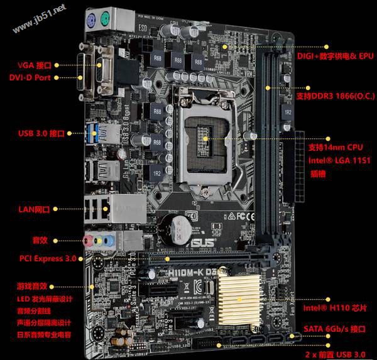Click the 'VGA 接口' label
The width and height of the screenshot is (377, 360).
coord(35,65)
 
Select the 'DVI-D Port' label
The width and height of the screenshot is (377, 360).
coord(34,77)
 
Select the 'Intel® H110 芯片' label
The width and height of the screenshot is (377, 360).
coord(333,308)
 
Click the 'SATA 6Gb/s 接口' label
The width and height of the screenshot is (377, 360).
coord(334,329)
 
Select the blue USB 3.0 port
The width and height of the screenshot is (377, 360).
coord(94,133)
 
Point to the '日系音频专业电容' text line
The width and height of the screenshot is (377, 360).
coord(45,334)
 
